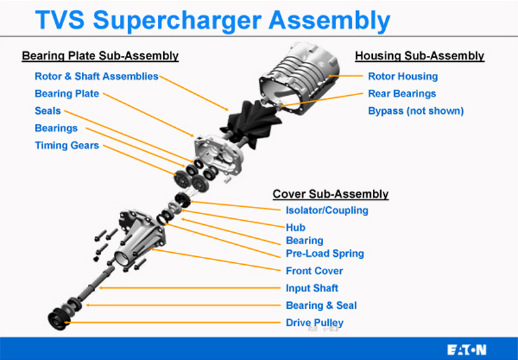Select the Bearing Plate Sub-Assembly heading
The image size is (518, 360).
coord(100,56)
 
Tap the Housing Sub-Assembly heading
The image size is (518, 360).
coord(419,56)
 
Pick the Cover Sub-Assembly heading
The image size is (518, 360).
coord(330,194)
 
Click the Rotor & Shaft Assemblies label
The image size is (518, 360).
coord(97,77)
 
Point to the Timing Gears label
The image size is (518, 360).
coord(67,146)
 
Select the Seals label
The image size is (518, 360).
coord(48,111)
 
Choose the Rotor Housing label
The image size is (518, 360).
coord(403,77)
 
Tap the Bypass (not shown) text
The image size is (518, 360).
coord(415,111)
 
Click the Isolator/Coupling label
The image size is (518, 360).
coord(327,211)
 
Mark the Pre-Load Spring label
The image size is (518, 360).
coord(325,254)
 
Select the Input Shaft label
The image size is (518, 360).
coord(312,288)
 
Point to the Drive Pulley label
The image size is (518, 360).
coord(315,323)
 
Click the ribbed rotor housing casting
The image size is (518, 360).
coord(303,77)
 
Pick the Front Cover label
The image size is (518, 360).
coord(314,271)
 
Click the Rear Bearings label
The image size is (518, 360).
coord(402,94)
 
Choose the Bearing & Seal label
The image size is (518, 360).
coord(322,305)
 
